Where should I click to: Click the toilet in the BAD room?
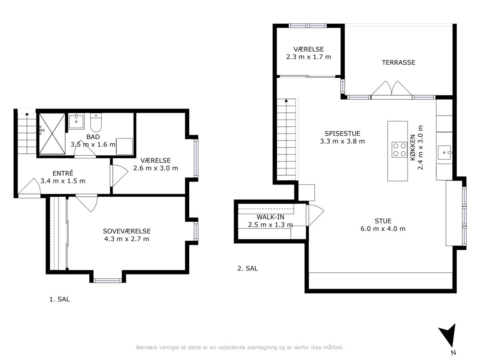pyautogui.click(x=96, y=123)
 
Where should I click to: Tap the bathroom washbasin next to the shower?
pyautogui.click(x=76, y=121)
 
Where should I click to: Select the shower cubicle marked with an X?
pyautogui.click(x=52, y=134)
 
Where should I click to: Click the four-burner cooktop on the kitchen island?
pyautogui.click(x=399, y=150)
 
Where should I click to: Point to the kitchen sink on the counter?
pyautogui.click(x=444, y=152)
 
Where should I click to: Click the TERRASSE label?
pyautogui.click(x=398, y=62)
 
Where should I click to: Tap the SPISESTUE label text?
pyautogui.click(x=342, y=133)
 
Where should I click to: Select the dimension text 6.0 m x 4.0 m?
pyautogui.click(x=383, y=229)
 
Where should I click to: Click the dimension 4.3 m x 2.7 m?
pyautogui.click(x=127, y=239)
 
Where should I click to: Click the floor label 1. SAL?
pyautogui.click(x=60, y=299)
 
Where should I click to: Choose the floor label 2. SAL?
pyautogui.click(x=248, y=268)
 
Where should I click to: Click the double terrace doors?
pyautogui.click(x=392, y=90)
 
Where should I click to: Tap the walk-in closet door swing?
pyautogui.click(x=315, y=216)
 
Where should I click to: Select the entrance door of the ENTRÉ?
pyautogui.click(x=29, y=188)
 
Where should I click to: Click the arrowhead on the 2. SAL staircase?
pyautogui.click(x=286, y=100)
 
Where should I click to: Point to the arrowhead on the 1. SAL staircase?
pyautogui.click(x=27, y=114)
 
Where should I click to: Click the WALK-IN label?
pyautogui.click(x=270, y=217)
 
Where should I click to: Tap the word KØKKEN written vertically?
pyautogui.click(x=412, y=147)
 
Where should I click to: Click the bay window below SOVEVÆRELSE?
pyautogui.click(x=108, y=280)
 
